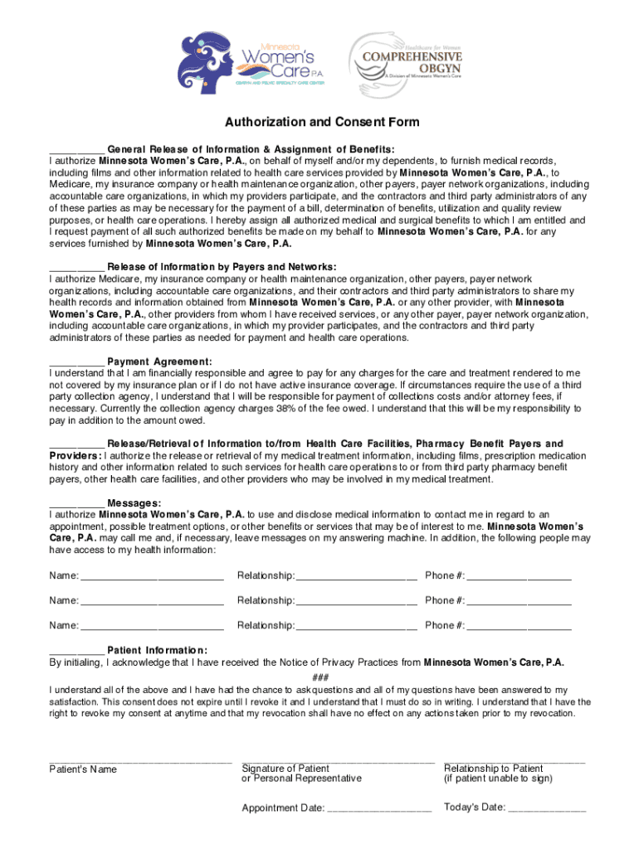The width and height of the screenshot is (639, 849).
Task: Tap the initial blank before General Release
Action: (76, 150)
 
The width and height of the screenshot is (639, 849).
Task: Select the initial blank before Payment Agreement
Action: (76, 362)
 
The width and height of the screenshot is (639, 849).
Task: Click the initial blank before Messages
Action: (76, 503)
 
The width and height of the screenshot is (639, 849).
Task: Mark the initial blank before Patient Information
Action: (76, 651)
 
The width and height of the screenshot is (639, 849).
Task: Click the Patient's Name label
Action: (83, 770)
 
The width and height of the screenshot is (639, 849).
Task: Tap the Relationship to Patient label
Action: (494, 769)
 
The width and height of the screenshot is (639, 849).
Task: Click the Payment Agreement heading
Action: (159, 362)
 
